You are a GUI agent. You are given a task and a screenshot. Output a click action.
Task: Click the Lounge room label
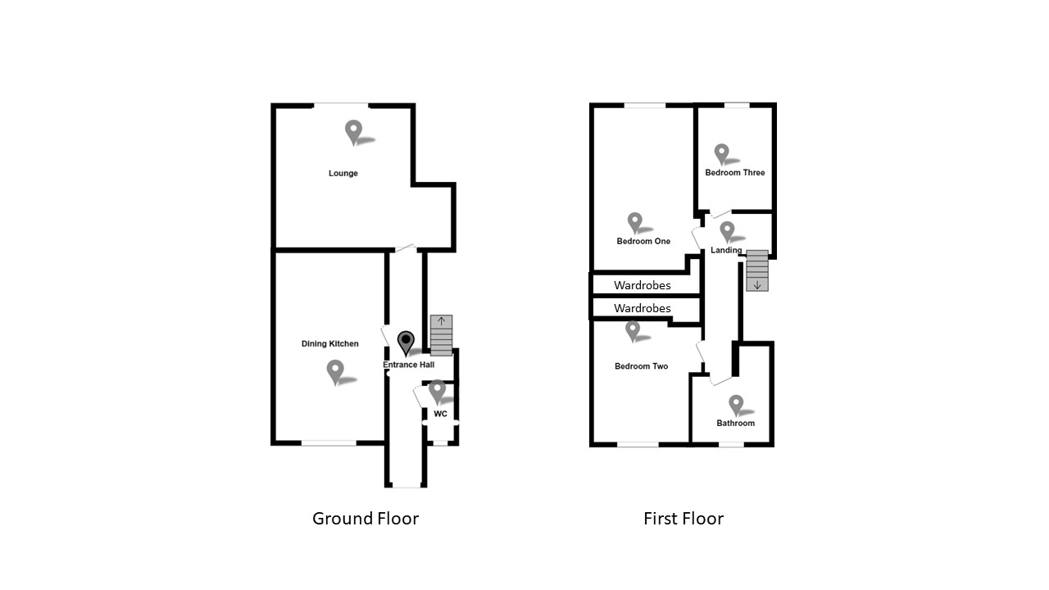(x=343, y=174)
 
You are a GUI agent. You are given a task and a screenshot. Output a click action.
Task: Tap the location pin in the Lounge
(x=353, y=132)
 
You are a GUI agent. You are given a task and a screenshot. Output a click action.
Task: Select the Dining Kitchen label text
(x=330, y=344)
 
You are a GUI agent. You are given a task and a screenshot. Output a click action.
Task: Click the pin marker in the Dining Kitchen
(x=335, y=371)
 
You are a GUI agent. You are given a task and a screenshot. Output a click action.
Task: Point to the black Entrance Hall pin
(x=406, y=343)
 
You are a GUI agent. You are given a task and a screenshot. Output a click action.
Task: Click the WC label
(x=440, y=415)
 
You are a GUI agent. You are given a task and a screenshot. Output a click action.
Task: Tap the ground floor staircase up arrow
(x=442, y=321)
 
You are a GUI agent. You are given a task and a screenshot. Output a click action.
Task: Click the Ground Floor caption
(x=366, y=519)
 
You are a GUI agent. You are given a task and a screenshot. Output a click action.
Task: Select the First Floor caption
(x=683, y=519)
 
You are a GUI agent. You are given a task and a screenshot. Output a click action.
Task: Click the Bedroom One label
(x=643, y=242)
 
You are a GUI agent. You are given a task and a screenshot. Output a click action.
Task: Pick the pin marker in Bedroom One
(x=634, y=222)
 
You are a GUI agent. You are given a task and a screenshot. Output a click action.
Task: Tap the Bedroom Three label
(x=735, y=173)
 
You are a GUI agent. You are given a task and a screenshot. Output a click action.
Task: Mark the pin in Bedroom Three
(x=721, y=153)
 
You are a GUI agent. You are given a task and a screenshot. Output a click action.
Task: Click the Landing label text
(x=726, y=251)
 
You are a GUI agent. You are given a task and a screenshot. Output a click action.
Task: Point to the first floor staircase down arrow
(x=757, y=284)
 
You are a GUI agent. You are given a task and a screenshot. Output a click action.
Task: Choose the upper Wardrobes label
(x=643, y=286)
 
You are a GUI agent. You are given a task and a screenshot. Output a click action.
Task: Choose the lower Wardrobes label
(x=643, y=309)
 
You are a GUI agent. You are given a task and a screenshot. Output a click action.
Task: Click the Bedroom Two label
(x=641, y=366)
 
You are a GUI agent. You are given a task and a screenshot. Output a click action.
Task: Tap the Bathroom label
(x=735, y=424)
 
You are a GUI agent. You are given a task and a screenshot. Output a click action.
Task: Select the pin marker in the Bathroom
(x=736, y=404)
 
